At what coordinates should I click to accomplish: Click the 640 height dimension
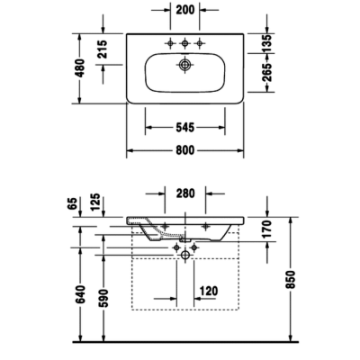81,293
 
